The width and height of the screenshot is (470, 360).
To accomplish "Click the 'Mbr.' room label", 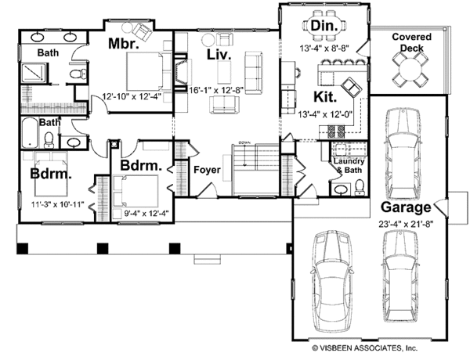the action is click(123, 43).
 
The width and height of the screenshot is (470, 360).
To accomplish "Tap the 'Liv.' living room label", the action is click(219, 55).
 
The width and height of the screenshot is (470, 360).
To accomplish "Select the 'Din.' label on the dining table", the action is click(324, 26).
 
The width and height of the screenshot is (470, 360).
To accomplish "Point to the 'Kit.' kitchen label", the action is click(325, 97).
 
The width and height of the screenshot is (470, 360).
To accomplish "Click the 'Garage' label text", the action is click(406, 207).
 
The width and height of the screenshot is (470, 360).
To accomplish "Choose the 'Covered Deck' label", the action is click(412, 42).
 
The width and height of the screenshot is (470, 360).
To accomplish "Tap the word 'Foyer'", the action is click(207, 170).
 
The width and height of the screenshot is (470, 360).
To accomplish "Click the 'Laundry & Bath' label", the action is click(349, 166).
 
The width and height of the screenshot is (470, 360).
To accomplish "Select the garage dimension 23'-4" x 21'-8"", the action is click(406, 224).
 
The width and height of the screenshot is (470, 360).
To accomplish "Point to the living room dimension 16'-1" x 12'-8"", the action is click(216, 90).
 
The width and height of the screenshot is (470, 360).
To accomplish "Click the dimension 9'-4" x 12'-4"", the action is click(146, 213).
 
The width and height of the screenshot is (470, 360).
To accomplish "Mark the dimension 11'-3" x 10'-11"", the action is click(57, 204).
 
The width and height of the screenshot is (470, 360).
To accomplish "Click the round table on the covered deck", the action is click(410, 70).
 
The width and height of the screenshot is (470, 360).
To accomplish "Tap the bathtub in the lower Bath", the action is click(30, 133).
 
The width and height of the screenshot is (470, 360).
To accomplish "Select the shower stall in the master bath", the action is click(34, 73).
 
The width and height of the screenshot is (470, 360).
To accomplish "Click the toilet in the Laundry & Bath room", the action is click(359, 188).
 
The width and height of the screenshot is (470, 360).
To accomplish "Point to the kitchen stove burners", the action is click(336, 131).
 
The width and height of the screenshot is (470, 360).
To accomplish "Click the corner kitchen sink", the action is click(351, 87).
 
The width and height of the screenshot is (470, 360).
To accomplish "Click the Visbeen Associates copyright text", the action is click(364, 348).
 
